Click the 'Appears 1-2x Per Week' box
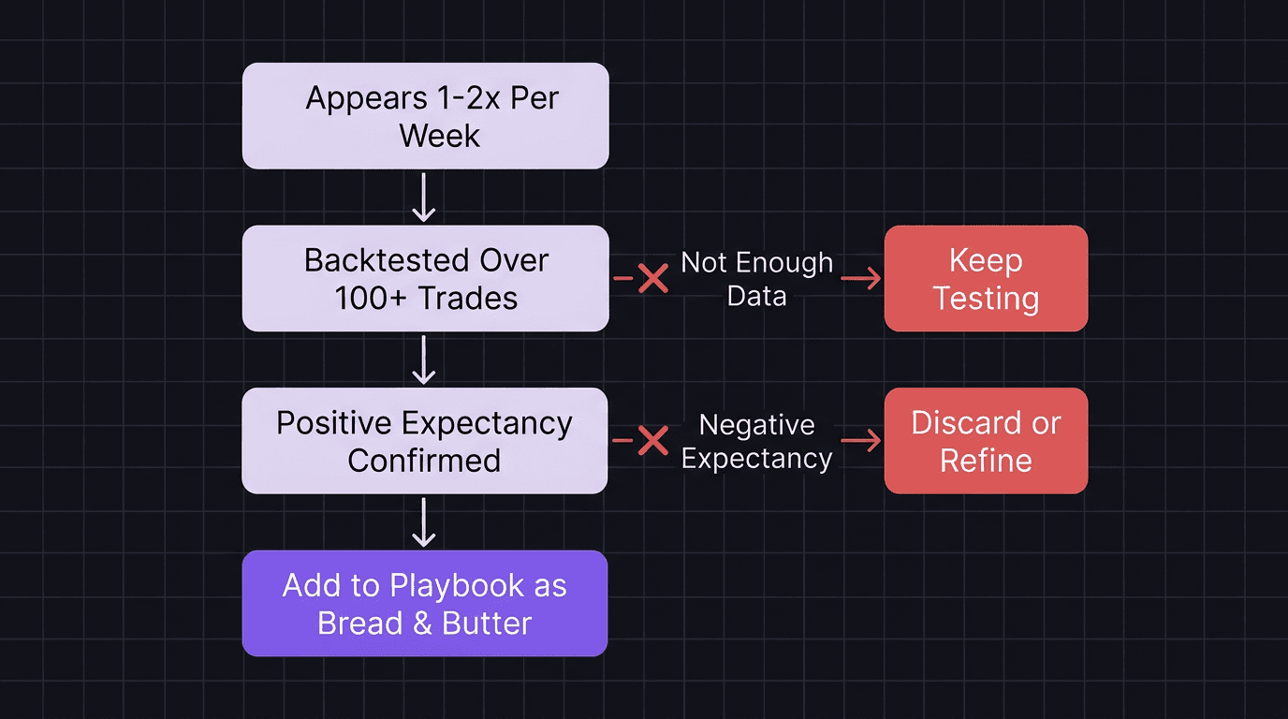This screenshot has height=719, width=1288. (425, 116)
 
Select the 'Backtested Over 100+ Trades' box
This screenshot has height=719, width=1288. (425, 278)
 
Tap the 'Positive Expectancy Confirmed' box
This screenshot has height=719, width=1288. (424, 441)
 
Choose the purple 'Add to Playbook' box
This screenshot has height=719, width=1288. (424, 604)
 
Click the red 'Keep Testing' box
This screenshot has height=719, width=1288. (986, 278)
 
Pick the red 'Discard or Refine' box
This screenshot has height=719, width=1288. (986, 441)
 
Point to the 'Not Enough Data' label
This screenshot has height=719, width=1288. (756, 279)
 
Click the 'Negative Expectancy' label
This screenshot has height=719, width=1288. (756, 441)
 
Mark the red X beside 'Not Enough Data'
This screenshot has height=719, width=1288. (652, 278)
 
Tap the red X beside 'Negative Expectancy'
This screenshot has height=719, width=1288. (652, 441)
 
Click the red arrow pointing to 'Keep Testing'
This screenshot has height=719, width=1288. (861, 278)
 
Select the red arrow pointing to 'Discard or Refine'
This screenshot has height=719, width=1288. (861, 441)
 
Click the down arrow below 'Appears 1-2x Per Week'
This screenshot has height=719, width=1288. (424, 198)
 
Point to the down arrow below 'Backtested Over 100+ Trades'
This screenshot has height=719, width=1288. (424, 360)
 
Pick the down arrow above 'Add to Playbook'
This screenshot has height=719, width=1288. (424, 522)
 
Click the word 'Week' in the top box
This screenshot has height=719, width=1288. (439, 136)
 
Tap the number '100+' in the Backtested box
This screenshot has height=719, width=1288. (372, 298)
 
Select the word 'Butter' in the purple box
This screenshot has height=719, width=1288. (486, 624)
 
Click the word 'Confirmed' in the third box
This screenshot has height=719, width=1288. (424, 461)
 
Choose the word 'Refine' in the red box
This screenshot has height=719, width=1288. (986, 461)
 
